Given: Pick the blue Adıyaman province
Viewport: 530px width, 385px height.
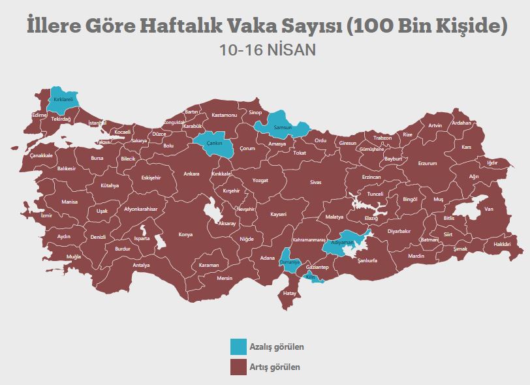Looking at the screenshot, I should coord(345,241).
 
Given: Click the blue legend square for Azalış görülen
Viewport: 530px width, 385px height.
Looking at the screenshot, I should coord(238,346).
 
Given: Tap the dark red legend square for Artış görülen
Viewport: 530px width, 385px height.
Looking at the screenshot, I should coord(238,367).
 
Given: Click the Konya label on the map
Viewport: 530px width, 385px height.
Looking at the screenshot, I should coord(185,235).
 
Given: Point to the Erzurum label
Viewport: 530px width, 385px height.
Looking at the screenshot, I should coord(427,163).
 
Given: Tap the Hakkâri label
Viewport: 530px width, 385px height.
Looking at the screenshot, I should coord(501,244).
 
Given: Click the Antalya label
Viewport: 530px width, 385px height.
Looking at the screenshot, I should coord(141,265).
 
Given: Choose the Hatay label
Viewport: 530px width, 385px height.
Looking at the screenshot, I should coord(290,293).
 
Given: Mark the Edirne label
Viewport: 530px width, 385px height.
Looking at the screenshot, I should coord(39,115).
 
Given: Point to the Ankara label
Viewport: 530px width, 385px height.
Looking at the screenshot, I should coord(191,174).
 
